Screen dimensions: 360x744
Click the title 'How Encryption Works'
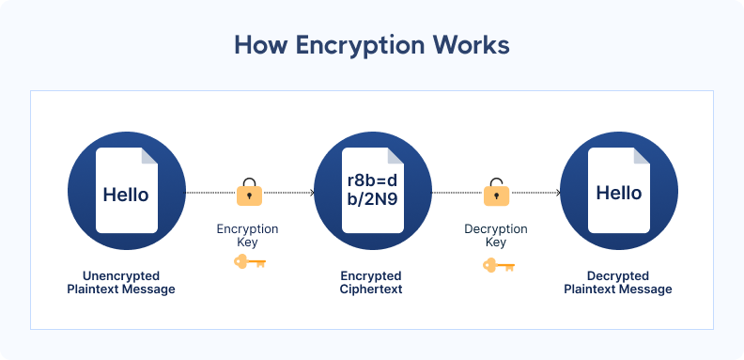coord(372,45)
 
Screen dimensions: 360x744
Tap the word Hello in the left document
coord(126,195)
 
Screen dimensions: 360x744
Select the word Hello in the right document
coord(618,193)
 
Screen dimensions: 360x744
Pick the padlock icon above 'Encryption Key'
coord(249,192)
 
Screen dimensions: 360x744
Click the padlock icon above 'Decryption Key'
coord(495,192)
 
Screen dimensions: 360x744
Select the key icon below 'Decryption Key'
coord(495,265)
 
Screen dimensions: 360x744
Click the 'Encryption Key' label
coord(248,235)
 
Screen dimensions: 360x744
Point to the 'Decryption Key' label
coord(495,235)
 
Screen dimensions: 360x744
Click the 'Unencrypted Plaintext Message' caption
coord(126,282)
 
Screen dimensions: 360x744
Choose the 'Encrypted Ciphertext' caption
coord(372,282)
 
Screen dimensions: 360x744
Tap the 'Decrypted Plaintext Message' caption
coord(618,282)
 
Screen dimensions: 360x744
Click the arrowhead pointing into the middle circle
coord(311,193)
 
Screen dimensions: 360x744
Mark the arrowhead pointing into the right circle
coord(558,193)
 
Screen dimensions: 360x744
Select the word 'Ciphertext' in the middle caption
coord(372,290)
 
